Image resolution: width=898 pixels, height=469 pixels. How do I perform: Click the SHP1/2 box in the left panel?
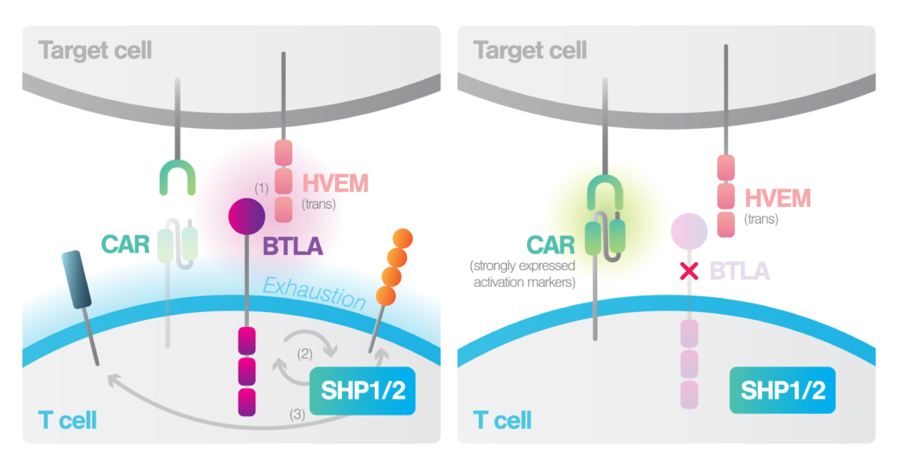[x=363, y=390]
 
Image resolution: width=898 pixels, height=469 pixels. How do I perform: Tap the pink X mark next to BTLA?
[x=689, y=271]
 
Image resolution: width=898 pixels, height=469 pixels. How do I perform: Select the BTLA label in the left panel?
[x=292, y=248]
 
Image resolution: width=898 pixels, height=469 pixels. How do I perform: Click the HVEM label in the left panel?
[x=335, y=183]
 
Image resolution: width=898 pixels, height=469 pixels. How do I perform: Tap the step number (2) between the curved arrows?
[x=303, y=355]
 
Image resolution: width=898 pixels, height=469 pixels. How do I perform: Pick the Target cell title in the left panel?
[x=95, y=49]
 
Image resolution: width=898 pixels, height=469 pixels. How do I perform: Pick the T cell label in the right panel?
[x=502, y=420]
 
